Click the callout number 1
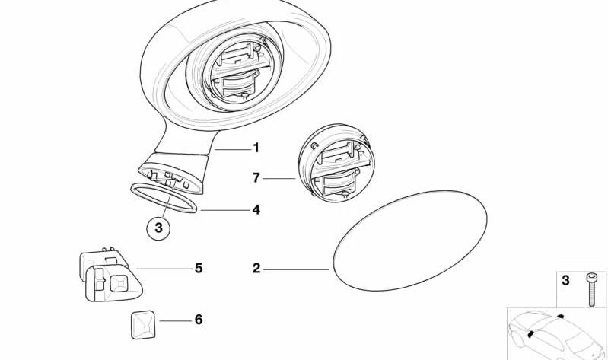[x=256, y=148]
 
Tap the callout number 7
[x=256, y=178]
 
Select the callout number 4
[x=256, y=210]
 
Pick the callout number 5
[x=199, y=268]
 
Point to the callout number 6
[x=199, y=320]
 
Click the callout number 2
[x=256, y=268]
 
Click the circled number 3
[x=158, y=228]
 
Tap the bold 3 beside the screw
[x=565, y=280]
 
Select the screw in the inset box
[x=591, y=289]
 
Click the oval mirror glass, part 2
[x=410, y=241]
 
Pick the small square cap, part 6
[x=142, y=325]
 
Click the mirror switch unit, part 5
[x=110, y=275]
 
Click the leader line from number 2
[x=296, y=269]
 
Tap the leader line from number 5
[x=164, y=269]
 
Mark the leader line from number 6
[x=176, y=321]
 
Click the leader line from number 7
[x=279, y=178]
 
